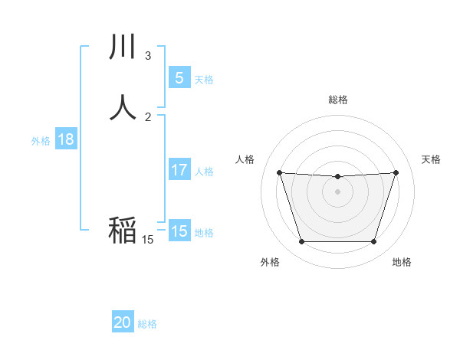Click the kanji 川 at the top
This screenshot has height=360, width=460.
coord(123,47)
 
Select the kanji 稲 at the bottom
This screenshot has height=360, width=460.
coord(123,230)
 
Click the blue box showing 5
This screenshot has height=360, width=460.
coord(179,77)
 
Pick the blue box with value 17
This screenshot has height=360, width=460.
coord(179,170)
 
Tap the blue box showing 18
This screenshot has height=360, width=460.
coord(66,139)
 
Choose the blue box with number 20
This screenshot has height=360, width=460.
coord(123,322)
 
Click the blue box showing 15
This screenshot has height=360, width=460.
coord(179,231)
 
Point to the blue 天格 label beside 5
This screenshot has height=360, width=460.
coord(204,79)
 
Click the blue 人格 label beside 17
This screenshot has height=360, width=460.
coord(205,172)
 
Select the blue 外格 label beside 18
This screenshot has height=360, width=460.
coord(41,141)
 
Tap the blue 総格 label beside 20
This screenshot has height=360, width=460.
coord(147,324)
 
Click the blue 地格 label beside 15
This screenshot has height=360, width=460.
coord(204,233)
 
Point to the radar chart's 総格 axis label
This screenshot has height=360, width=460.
coord(338,100)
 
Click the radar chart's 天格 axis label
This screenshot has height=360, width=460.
coord(432,159)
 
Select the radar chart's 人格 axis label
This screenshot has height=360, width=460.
coord(245,159)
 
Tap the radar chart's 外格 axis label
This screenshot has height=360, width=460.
coord(270,262)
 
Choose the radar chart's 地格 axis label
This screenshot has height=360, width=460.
coord(402,262)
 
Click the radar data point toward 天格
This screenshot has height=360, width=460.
coord(396,172)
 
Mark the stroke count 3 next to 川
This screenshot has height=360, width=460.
coord(148,56)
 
